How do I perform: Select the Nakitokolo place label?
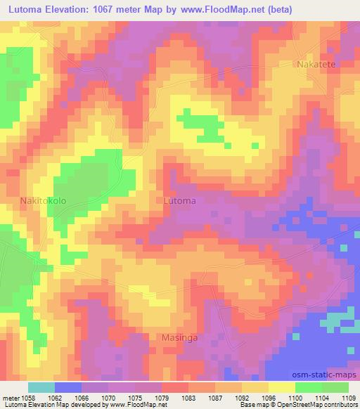coord(44,200)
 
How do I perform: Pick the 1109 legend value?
coord(349,397)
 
